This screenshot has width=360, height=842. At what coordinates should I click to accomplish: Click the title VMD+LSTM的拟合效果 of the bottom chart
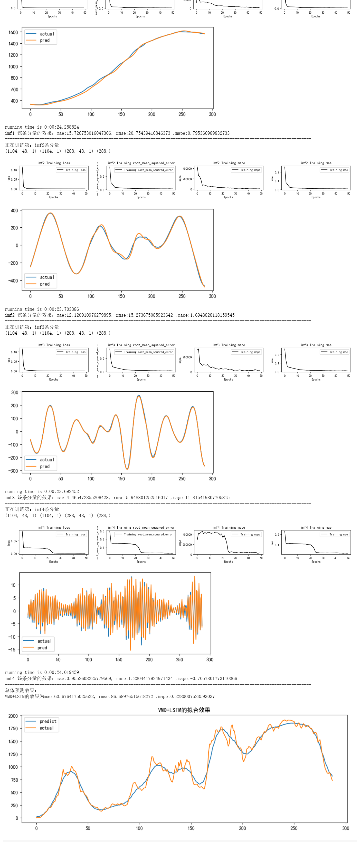[184, 710]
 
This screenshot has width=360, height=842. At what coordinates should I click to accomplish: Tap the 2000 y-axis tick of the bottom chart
[13, 716]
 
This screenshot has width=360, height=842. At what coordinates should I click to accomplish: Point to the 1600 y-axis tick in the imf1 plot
[13, 32]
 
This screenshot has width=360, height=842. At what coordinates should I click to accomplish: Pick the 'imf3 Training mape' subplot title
[229, 345]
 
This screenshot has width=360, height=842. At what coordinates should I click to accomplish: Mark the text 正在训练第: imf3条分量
[32, 327]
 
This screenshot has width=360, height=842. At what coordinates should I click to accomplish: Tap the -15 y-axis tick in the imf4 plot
[12, 650]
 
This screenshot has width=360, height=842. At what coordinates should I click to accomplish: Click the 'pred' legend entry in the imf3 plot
[45, 467]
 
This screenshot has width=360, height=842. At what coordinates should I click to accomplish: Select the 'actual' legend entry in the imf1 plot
[47, 34]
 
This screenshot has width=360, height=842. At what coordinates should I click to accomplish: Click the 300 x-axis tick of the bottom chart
[346, 828]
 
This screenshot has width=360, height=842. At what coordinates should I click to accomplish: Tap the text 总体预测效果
[21, 690]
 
